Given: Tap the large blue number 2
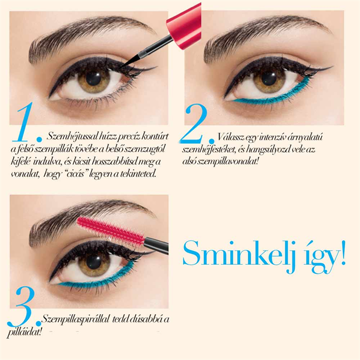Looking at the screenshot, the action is (193, 124).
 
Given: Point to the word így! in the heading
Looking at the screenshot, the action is (324, 257).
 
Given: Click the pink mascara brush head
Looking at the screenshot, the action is (110, 231).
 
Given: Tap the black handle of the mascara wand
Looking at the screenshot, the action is (157, 245).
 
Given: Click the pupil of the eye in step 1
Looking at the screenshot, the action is (94, 79).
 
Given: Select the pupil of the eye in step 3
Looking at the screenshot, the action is (94, 262).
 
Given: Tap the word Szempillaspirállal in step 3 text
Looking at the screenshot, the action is (75, 319).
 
